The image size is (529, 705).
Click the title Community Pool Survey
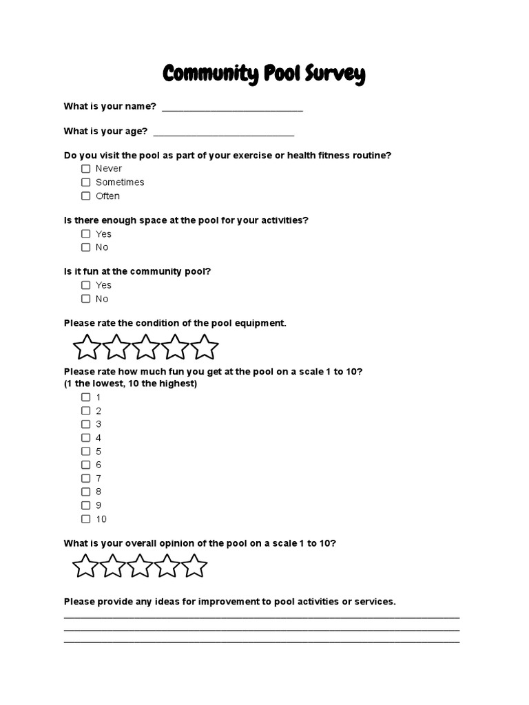(x=264, y=74)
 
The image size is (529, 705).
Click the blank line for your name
(x=231, y=109)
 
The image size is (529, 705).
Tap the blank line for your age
(x=223, y=133)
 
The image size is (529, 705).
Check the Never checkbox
(x=86, y=169)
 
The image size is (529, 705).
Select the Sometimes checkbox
(x=86, y=182)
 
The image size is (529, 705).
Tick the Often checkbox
(x=86, y=196)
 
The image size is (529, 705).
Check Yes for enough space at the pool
(x=86, y=234)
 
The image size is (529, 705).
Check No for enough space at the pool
(x=86, y=247)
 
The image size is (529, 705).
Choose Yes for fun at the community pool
(x=86, y=285)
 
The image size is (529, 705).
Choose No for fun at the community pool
(x=86, y=299)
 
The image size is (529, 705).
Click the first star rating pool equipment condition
(x=87, y=347)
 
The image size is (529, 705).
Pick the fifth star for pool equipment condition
(x=205, y=347)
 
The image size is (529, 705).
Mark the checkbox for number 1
(x=86, y=397)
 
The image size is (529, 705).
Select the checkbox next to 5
(x=86, y=452)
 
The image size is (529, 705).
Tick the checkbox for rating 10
(x=86, y=519)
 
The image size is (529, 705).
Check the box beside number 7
(x=86, y=478)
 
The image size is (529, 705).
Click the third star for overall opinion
(x=140, y=567)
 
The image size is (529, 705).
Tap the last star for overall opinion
(x=194, y=567)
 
